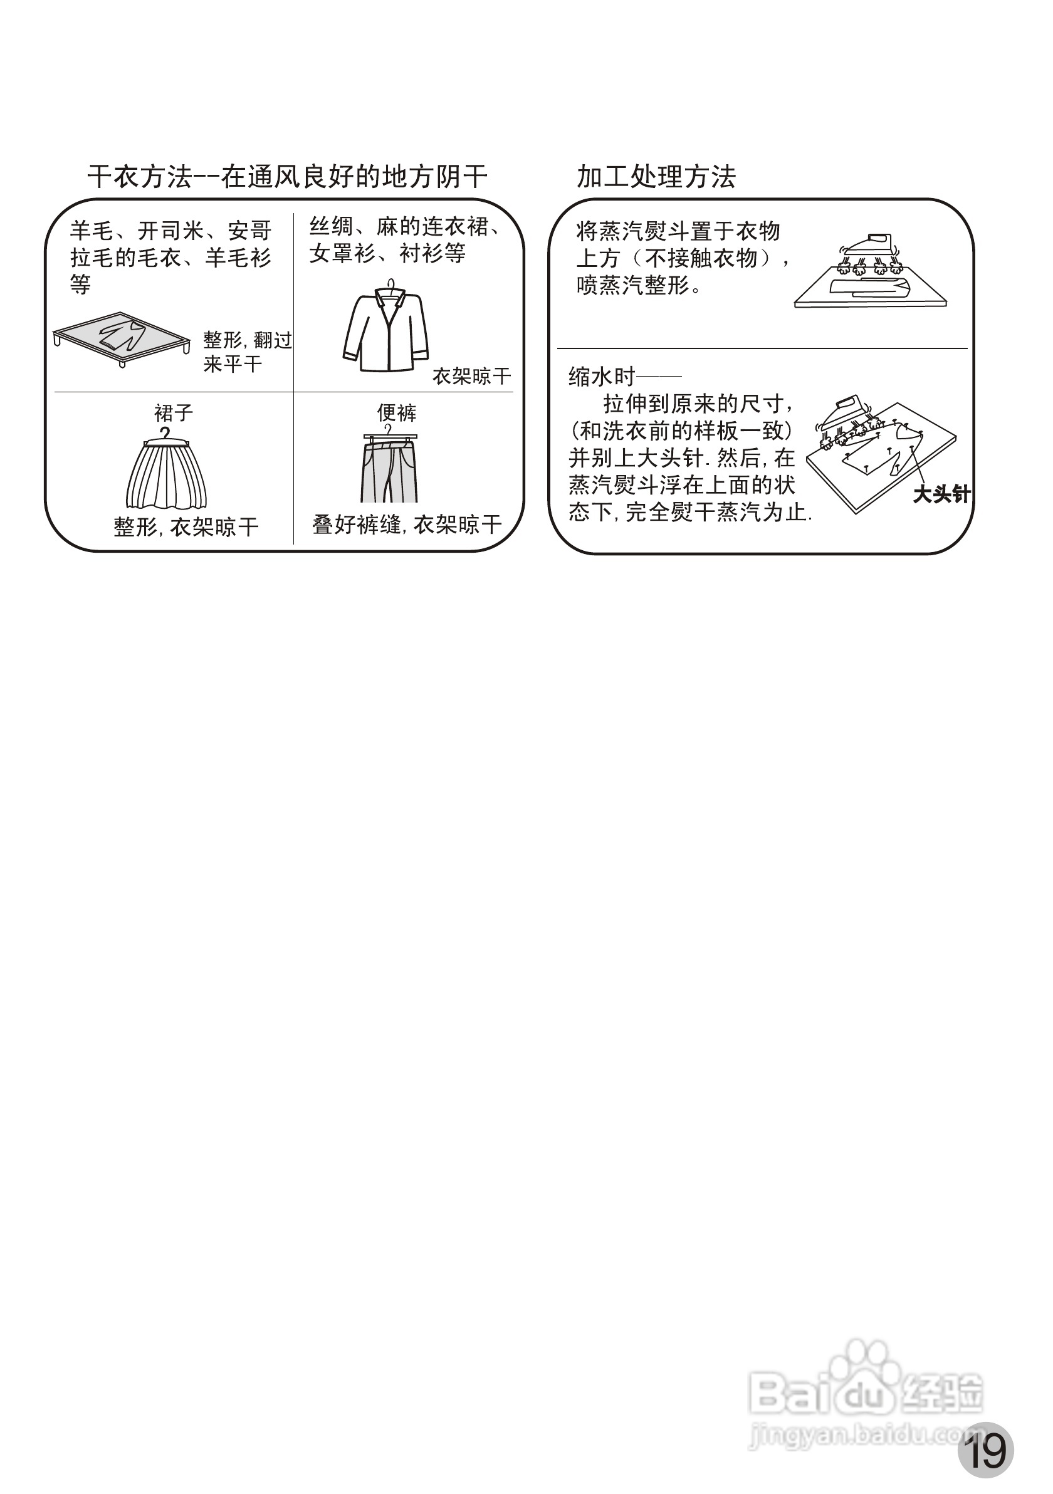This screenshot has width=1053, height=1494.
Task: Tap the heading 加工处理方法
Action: coord(656,177)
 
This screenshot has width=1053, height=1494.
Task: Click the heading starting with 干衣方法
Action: coord(287,177)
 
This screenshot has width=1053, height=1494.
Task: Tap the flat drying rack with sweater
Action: coord(122,337)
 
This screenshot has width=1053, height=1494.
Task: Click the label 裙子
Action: coord(173,413)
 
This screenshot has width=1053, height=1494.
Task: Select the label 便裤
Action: coord(396,412)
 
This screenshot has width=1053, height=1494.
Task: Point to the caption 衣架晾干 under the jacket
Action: coord(472,376)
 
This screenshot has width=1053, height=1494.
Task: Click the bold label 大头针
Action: coord(941,494)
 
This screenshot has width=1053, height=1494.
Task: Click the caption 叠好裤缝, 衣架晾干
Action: coord(407,525)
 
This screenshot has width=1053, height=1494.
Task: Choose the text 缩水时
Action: coord(602,377)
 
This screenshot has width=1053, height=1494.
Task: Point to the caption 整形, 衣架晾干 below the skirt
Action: coord(186,527)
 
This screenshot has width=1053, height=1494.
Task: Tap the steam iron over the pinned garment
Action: coord(846,417)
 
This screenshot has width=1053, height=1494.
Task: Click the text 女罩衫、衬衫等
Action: coord(387,254)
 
